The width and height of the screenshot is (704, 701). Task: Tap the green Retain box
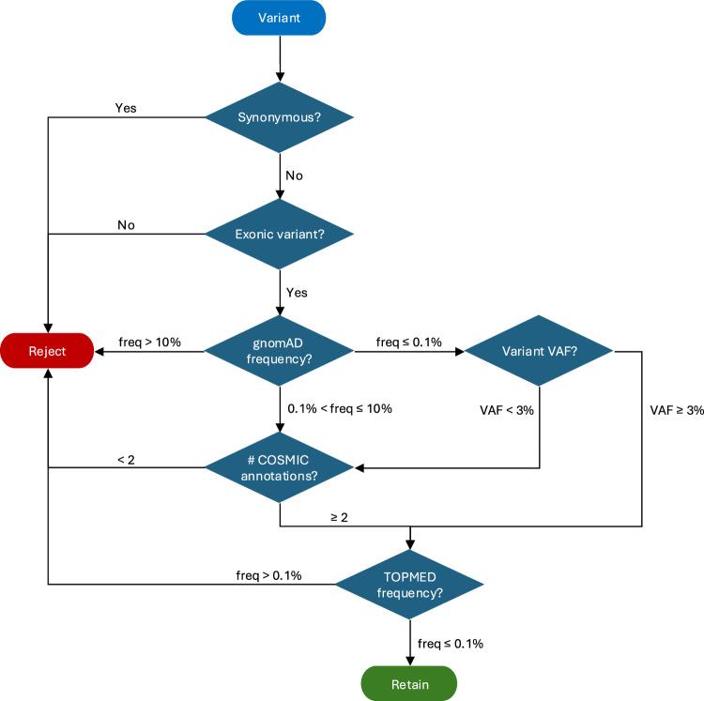click(410, 683)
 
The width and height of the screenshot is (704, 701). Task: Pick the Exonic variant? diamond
click(279, 234)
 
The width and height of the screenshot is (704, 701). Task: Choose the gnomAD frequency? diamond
click(279, 352)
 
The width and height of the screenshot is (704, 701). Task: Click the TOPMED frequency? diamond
click(410, 584)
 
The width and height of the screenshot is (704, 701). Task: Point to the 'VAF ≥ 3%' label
click(676, 408)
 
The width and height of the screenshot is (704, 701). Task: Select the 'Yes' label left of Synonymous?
click(126, 107)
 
